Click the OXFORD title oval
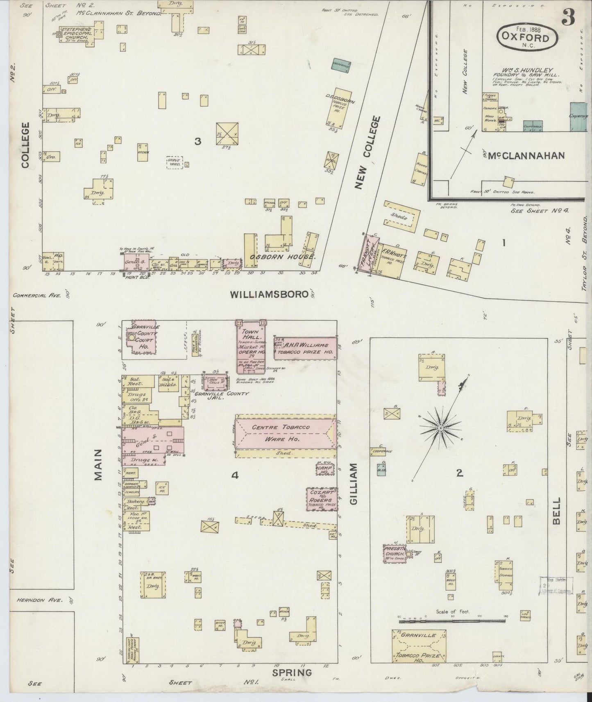click(528, 37)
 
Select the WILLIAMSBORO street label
click(269, 294)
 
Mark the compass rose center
click(440, 428)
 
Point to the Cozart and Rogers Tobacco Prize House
click(322, 500)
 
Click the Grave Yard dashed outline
click(174, 162)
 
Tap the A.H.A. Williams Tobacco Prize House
click(306, 349)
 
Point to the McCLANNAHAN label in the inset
click(528, 155)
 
